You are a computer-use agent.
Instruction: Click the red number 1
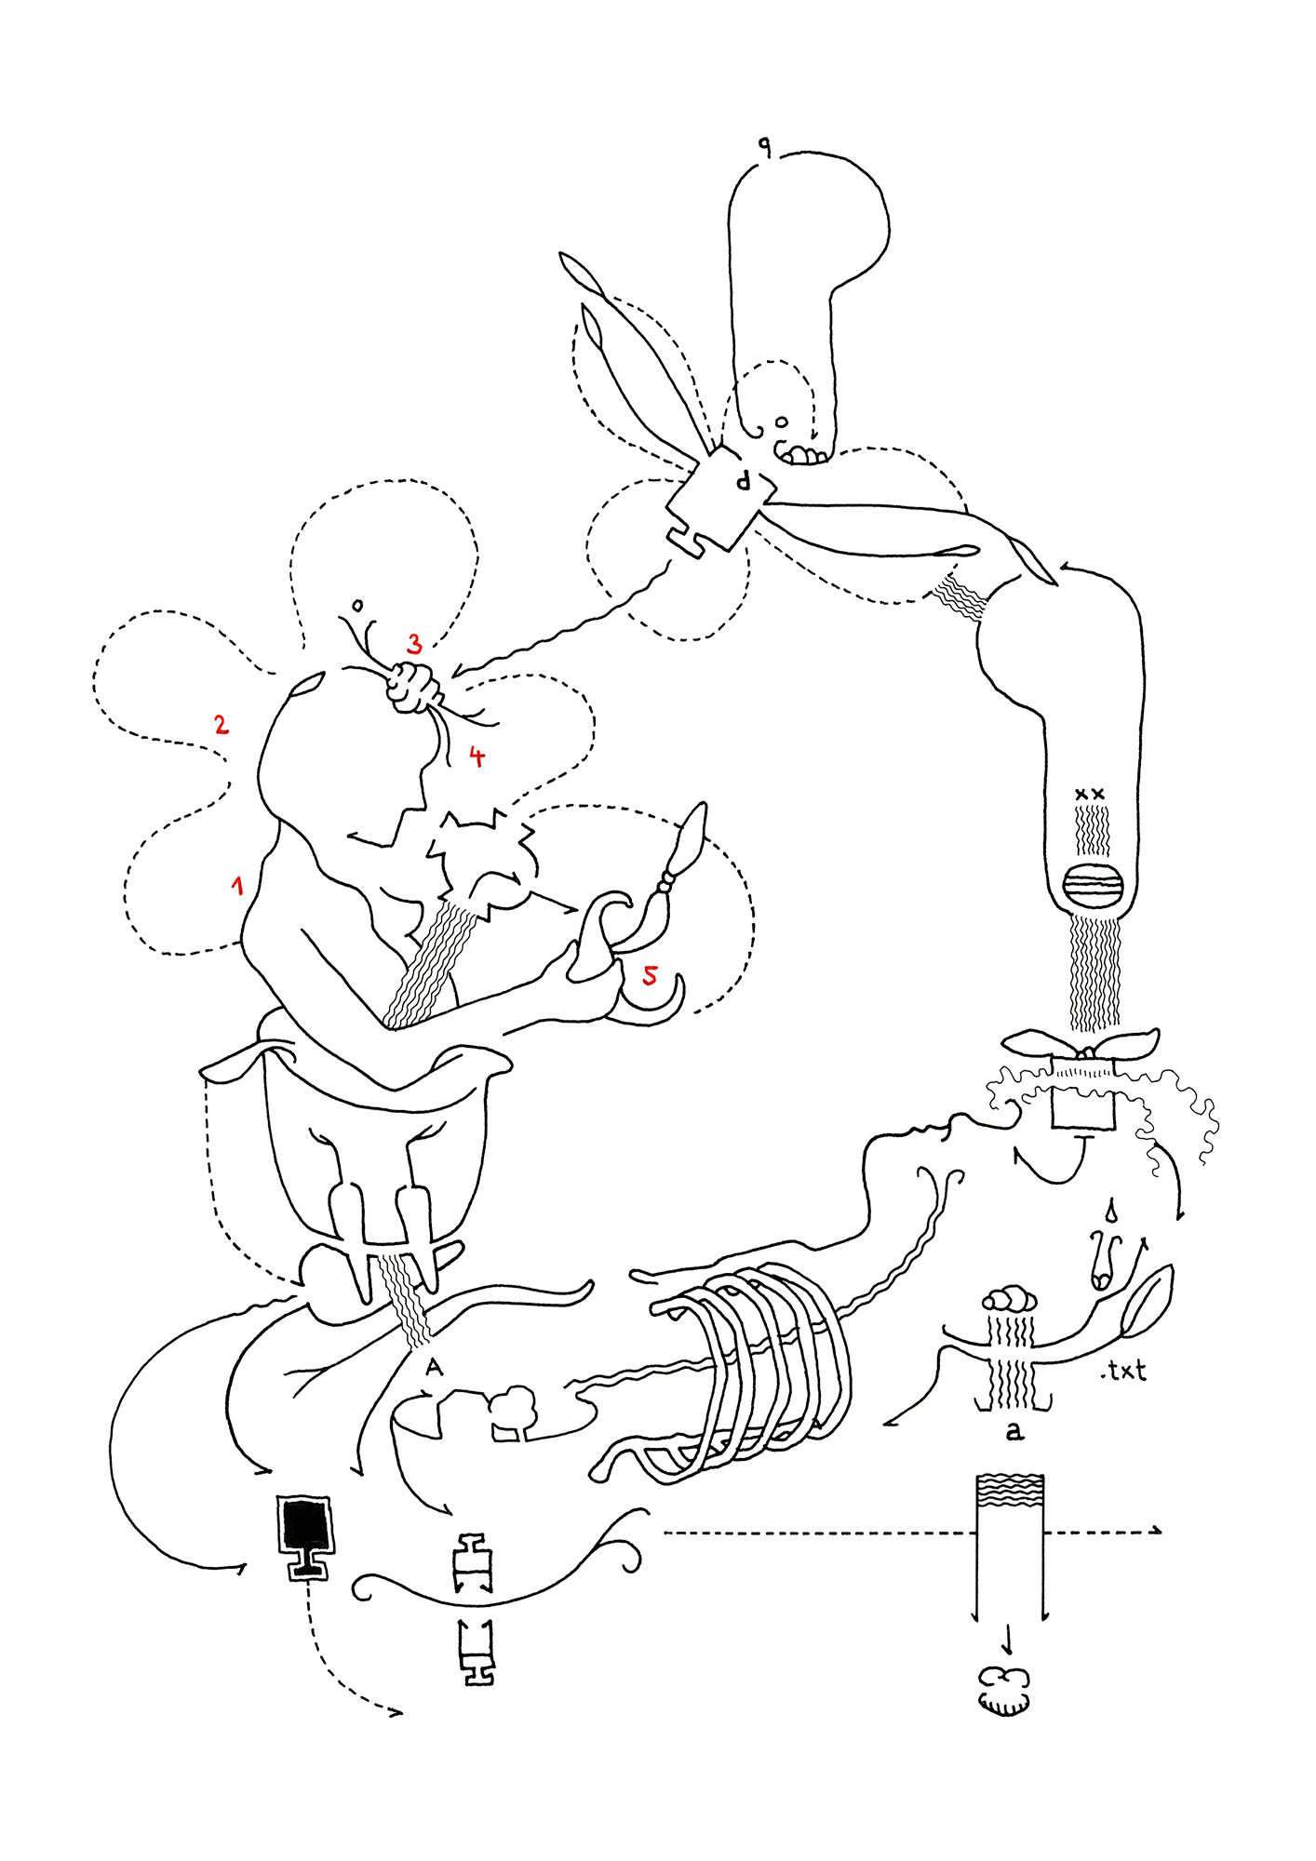(x=238, y=885)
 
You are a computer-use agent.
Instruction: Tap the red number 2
(x=221, y=724)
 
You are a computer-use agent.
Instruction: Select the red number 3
(x=414, y=643)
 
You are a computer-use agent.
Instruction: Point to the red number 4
(x=477, y=756)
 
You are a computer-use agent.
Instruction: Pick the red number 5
(x=650, y=975)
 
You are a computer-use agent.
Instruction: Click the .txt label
(x=1122, y=1371)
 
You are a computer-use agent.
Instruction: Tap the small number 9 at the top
(x=764, y=146)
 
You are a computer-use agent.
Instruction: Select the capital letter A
(x=434, y=1367)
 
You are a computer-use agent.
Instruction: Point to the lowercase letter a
(x=1014, y=1431)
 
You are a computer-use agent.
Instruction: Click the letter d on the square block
(x=743, y=481)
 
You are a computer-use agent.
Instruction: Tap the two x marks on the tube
(x=1089, y=794)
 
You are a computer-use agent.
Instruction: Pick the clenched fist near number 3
(x=414, y=689)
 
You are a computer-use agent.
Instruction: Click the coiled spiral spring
(x=754, y=1368)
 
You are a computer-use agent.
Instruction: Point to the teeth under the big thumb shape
(x=802, y=455)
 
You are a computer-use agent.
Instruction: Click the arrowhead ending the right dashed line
(x=1158, y=1530)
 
